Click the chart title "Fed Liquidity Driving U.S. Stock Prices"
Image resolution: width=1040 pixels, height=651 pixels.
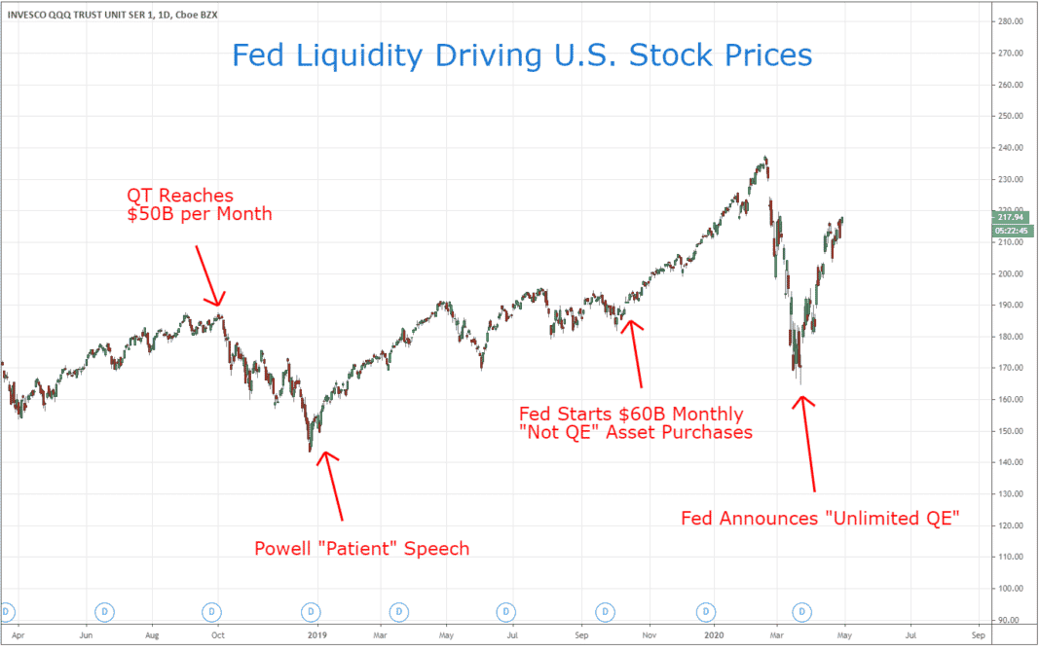(x=522, y=55)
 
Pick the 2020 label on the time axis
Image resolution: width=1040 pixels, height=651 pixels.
(x=713, y=633)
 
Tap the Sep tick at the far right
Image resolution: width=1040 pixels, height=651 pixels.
(x=980, y=633)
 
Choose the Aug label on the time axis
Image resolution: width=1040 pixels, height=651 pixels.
(x=153, y=633)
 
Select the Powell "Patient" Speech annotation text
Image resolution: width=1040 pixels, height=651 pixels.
(x=361, y=549)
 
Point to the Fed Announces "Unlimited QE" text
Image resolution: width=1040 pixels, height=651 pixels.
(x=821, y=519)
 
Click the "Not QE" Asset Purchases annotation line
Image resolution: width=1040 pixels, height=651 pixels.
(x=636, y=433)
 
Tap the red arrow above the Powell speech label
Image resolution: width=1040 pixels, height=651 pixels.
(x=334, y=484)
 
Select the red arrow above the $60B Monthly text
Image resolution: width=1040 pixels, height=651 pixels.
(x=636, y=353)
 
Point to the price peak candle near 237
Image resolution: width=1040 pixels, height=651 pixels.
(x=766, y=159)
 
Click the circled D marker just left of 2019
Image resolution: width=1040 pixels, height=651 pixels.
(x=311, y=611)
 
